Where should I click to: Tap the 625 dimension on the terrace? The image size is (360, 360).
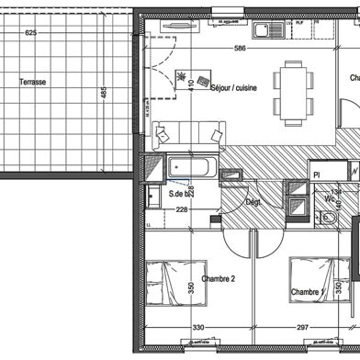[x=30, y=32]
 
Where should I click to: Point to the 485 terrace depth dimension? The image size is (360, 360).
[x=104, y=94]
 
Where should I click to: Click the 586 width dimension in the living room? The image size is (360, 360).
[x=241, y=49]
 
